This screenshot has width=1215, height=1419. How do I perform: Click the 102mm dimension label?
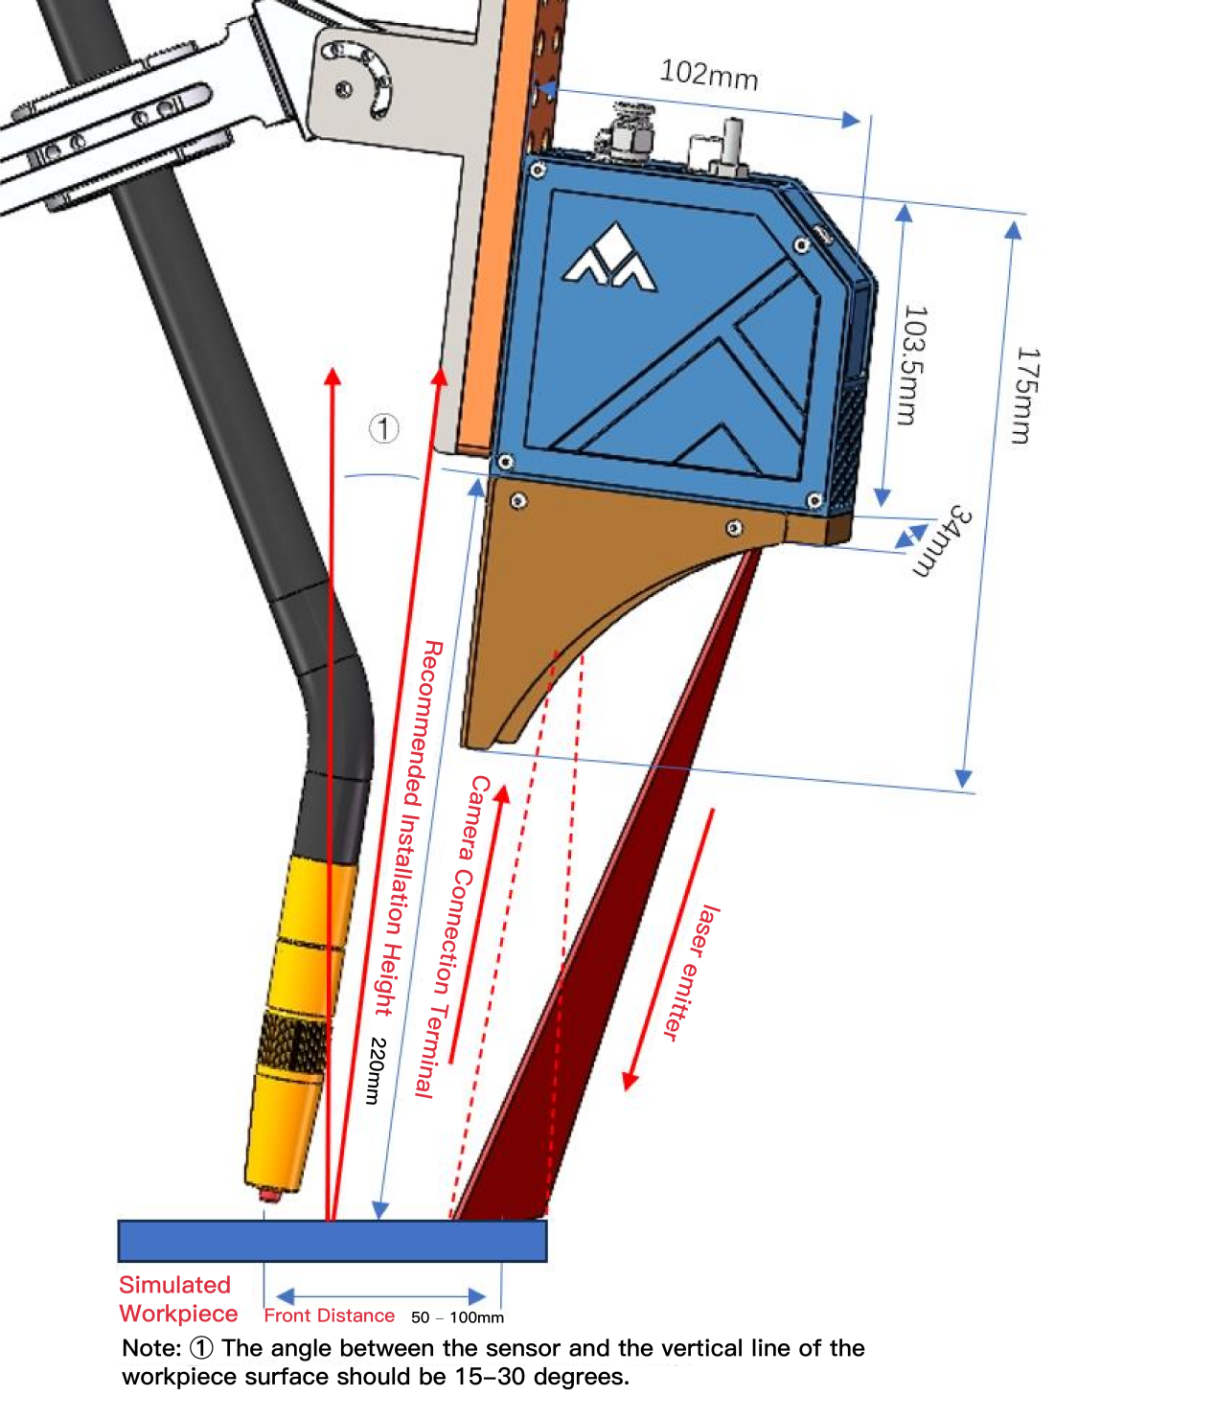tap(708, 75)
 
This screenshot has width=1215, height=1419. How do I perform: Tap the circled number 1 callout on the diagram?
tap(383, 428)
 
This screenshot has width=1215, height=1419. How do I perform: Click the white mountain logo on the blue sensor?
tap(608, 256)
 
